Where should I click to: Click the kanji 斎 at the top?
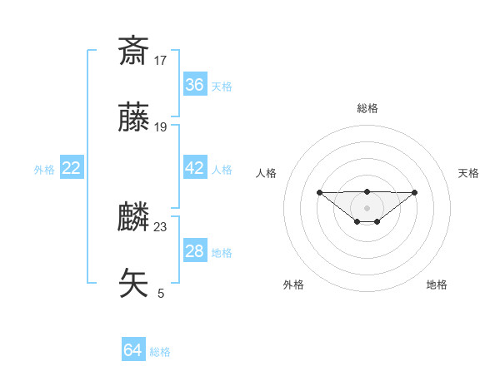[133, 51]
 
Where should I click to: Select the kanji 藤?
[133, 118]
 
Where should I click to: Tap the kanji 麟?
[133, 217]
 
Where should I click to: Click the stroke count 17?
[161, 60]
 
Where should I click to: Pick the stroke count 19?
[161, 127]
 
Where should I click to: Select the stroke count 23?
[161, 226]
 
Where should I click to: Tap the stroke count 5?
[161, 294]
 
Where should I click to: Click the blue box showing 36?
[195, 84]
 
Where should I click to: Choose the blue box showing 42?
[195, 167]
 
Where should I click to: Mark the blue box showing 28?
[195, 251]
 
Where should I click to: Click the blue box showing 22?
[72, 168]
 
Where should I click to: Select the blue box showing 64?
[133, 350]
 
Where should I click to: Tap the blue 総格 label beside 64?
[160, 352]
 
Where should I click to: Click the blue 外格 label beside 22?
[44, 170]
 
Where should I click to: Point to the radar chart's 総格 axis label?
[367, 108]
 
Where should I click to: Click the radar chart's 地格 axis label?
[437, 285]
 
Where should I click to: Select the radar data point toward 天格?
[415, 192]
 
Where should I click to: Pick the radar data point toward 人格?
[319, 192]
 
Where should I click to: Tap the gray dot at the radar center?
[367, 208]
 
